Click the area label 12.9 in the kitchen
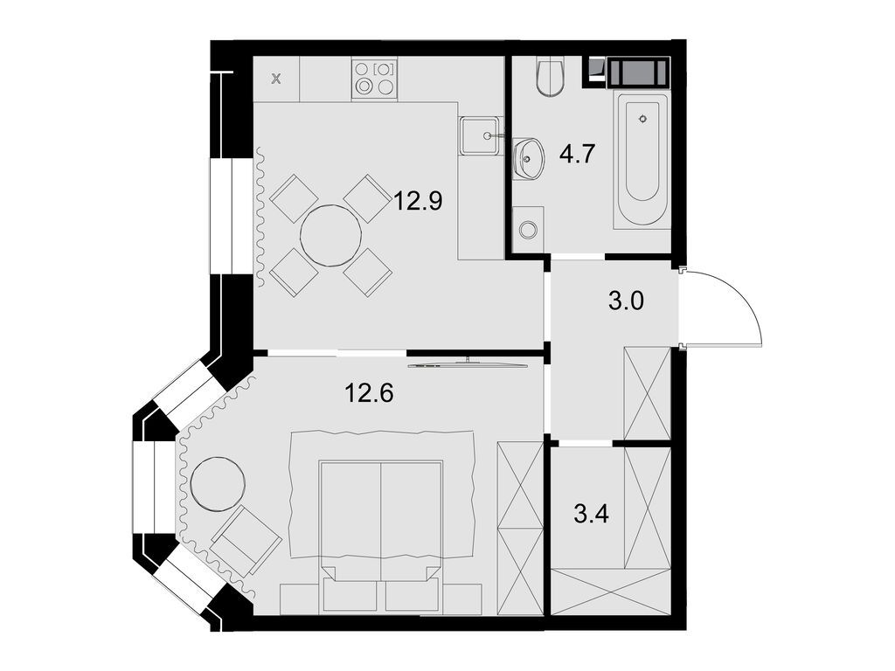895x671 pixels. (x=418, y=202)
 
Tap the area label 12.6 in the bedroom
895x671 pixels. (x=369, y=394)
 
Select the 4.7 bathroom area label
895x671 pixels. (x=577, y=155)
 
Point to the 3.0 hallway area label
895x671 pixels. (x=625, y=302)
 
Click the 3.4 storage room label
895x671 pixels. (x=591, y=512)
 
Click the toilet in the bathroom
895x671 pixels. (x=551, y=77)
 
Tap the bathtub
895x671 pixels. (x=642, y=157)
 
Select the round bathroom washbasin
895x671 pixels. (x=527, y=159)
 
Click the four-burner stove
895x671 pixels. (x=373, y=79)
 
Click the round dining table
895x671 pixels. (x=331, y=235)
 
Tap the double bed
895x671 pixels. (x=380, y=524)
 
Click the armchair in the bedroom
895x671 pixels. (x=246, y=541)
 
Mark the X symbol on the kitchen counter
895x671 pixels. (x=276, y=80)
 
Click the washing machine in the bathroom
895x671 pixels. (x=528, y=230)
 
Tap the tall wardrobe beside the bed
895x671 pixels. (x=519, y=529)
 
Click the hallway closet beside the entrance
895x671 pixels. (x=647, y=392)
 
